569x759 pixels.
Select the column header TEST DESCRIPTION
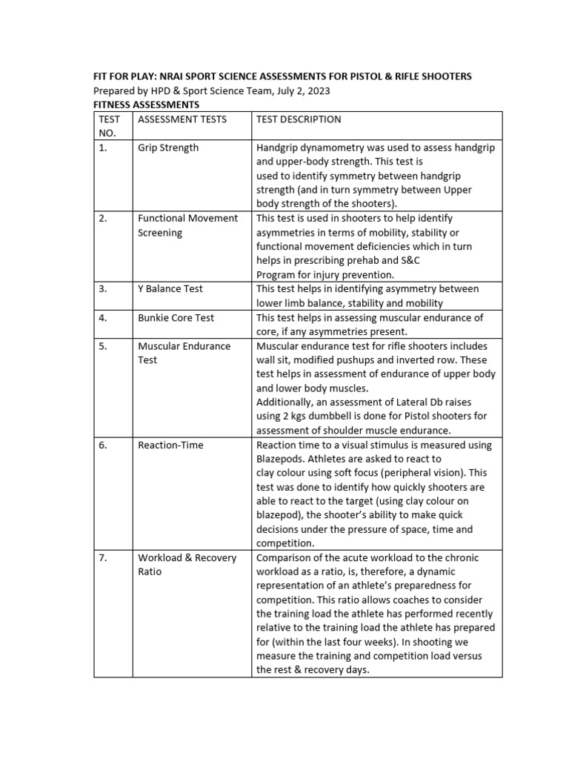click(299, 119)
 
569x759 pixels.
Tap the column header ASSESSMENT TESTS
click(182, 119)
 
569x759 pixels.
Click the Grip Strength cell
click(168, 148)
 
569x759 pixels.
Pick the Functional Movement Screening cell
click(187, 225)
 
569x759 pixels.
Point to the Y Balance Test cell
click(170, 289)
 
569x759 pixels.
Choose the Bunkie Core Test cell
click(176, 317)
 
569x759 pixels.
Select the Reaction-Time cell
click(170, 445)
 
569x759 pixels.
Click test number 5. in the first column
click(103, 346)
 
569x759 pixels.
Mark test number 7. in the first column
click(103, 557)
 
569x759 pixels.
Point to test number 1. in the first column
click(103, 148)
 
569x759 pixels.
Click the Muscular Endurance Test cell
click(184, 353)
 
